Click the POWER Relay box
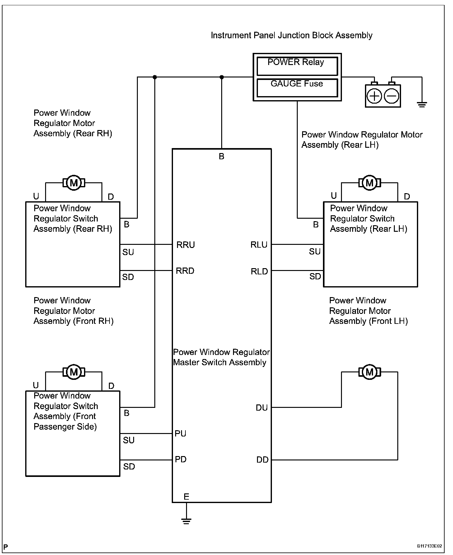[x=297, y=66]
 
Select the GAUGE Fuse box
[x=297, y=88]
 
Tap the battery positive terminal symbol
[x=374, y=96]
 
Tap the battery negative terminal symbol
[x=392, y=96]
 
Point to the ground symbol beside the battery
[x=422, y=105]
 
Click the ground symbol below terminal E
[x=186, y=521]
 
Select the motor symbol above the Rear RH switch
[x=74, y=183]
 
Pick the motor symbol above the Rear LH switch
[x=370, y=183]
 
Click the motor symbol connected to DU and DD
[x=370, y=372]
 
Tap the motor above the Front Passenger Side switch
[x=74, y=372]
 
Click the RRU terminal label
[x=185, y=245]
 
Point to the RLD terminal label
[x=259, y=272]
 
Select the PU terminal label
[x=180, y=433]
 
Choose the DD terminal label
[x=262, y=460]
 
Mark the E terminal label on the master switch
[x=186, y=497]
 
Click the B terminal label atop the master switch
[x=222, y=156]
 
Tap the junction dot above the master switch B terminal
[x=222, y=77]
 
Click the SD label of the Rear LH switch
[x=315, y=276]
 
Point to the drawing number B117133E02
[x=429, y=546]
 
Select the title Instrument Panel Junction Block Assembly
[x=292, y=35]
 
